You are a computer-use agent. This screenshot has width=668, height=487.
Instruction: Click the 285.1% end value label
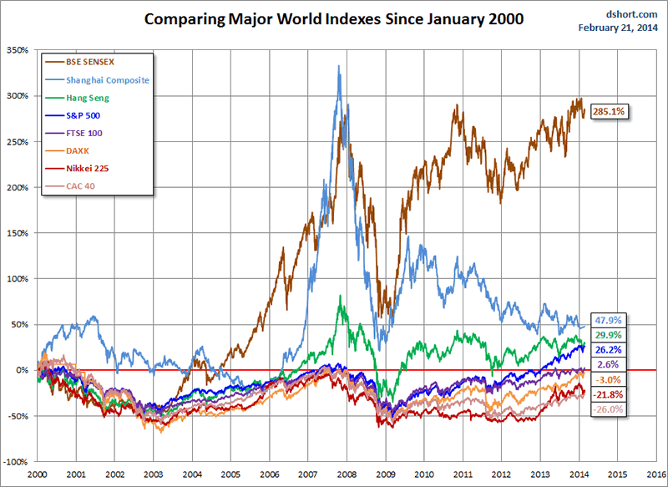click(607, 110)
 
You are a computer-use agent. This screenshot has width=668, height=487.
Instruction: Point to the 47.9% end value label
click(607, 321)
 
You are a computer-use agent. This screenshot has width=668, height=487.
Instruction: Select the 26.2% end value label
click(607, 350)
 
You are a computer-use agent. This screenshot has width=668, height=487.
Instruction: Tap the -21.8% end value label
click(607, 394)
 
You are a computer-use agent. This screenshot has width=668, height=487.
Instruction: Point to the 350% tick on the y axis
click(16, 51)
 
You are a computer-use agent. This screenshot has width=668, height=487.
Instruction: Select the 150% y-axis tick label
click(16, 233)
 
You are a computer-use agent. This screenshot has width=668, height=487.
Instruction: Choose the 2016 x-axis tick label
click(647, 474)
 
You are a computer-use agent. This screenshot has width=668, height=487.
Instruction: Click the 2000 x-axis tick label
click(37, 474)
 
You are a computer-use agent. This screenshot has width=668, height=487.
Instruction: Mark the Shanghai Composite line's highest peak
click(338, 67)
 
